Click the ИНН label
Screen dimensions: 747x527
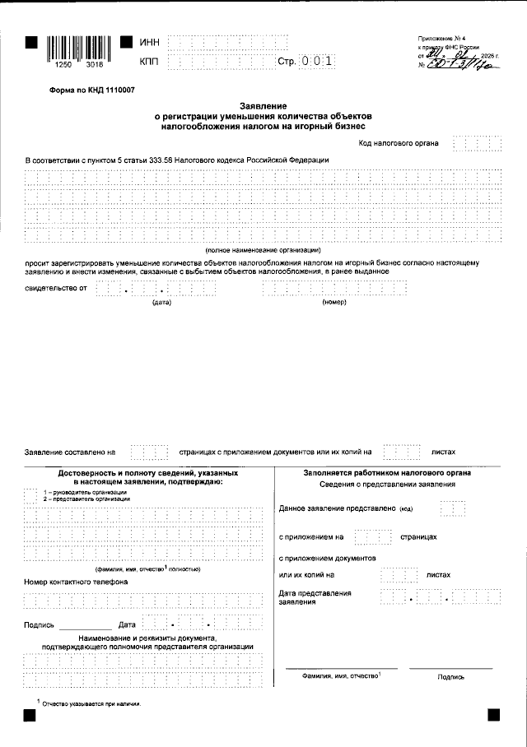150,41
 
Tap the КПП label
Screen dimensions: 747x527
150,62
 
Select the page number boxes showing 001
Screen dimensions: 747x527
318,62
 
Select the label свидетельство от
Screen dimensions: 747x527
56,289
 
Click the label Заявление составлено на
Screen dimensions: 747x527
70,452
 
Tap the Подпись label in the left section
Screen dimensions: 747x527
40,625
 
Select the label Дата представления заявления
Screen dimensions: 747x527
315,597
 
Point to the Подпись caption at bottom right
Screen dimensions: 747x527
451,676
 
